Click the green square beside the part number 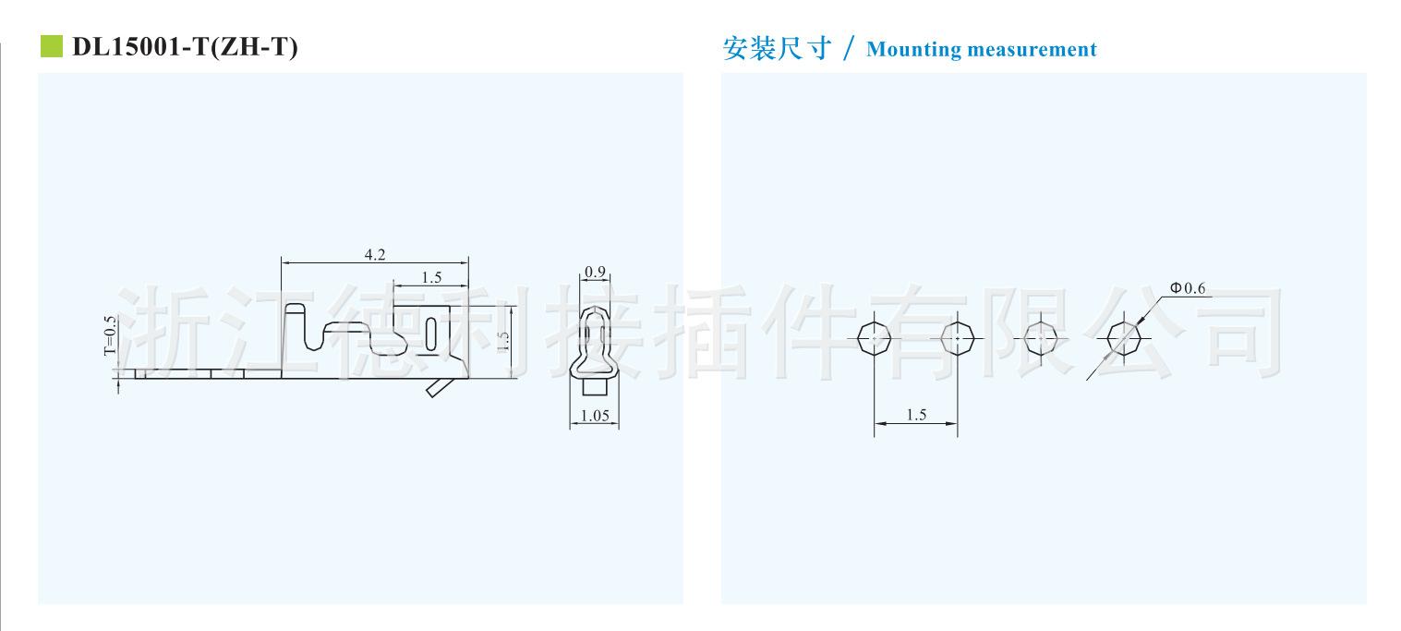point(52,47)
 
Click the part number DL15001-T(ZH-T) point(185,48)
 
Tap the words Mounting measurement point(981,50)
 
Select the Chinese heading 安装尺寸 point(777,49)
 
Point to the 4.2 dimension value point(375,255)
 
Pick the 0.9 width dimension point(596,273)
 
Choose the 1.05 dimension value point(595,416)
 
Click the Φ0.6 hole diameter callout point(1188,288)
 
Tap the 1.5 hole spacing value point(916,415)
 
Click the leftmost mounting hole point(874,339)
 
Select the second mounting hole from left point(958,339)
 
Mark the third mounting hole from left point(1041,339)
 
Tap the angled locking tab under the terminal point(439,388)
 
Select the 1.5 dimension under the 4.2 point(430,277)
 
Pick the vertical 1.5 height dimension point(504,339)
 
